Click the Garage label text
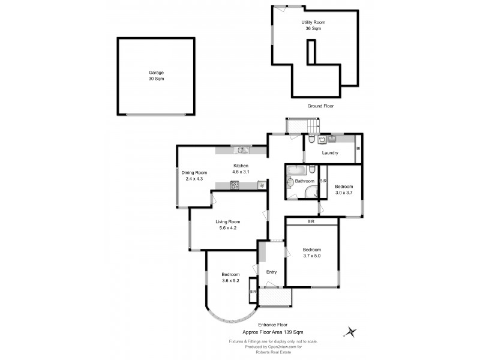156,73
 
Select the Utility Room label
314,22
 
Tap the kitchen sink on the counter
242,150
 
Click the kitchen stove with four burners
235,185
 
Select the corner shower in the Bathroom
311,191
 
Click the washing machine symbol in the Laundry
324,139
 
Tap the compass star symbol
351,331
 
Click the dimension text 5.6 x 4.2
227,228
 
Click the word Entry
272,272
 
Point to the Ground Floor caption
320,106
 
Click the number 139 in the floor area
301,331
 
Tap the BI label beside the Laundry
358,148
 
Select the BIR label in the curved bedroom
253,292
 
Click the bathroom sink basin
291,181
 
